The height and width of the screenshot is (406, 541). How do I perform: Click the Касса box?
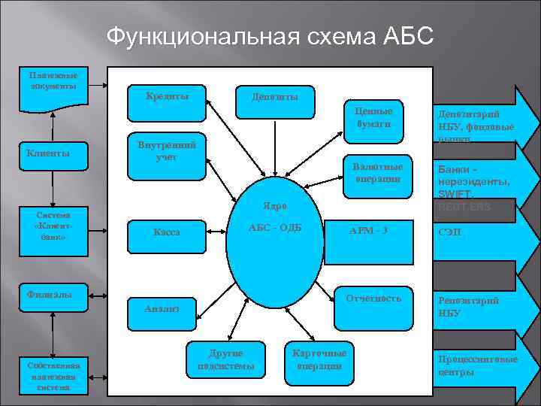point(166,234)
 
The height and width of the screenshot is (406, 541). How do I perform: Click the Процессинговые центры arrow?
point(481,366)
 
